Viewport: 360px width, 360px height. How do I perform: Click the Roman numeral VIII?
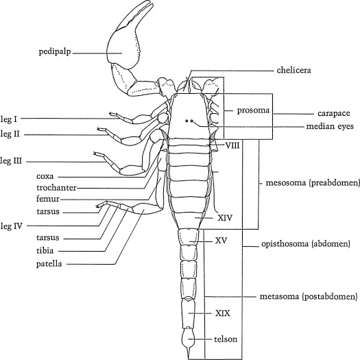pos(232,146)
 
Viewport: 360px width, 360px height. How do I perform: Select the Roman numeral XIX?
pos(221,313)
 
